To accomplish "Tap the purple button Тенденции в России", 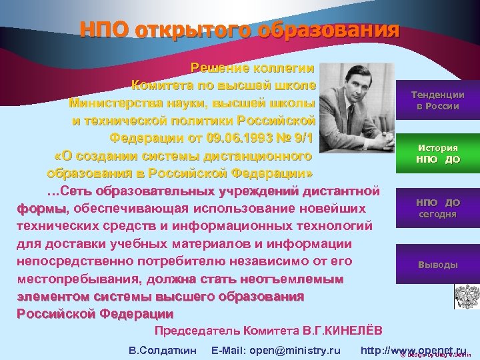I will pyautogui.click(x=437, y=101).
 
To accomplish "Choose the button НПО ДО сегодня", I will pyautogui.click(x=437, y=208).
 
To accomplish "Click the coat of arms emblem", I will pyautogui.click(x=466, y=296).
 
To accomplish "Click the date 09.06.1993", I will pyautogui.click(x=235, y=138).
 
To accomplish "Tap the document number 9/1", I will pyautogui.click(x=301, y=138).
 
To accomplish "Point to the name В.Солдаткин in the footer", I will pyautogui.click(x=162, y=350).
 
